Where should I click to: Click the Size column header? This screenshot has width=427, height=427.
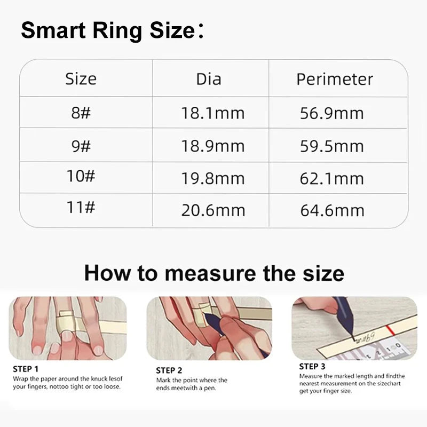click(x=81, y=79)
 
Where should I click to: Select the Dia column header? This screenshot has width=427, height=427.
click(x=209, y=80)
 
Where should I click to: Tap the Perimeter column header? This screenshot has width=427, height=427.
click(x=335, y=80)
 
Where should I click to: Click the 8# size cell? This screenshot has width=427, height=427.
click(x=81, y=113)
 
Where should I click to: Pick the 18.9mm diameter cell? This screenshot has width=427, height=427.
click(x=213, y=146)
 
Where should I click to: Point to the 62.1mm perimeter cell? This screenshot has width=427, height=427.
click(x=332, y=178)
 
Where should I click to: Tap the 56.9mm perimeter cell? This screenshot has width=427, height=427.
click(x=332, y=113)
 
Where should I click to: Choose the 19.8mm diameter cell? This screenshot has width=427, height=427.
click(x=213, y=178)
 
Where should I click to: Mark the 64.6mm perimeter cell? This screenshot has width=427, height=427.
click(x=332, y=210)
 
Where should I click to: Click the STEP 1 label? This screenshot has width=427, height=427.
click(x=26, y=368)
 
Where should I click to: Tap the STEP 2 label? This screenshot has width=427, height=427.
click(x=169, y=370)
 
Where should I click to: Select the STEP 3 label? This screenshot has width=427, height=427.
click(x=312, y=366)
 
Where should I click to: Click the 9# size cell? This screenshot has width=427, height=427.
click(x=81, y=145)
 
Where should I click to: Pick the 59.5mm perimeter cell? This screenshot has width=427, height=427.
click(x=332, y=146)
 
